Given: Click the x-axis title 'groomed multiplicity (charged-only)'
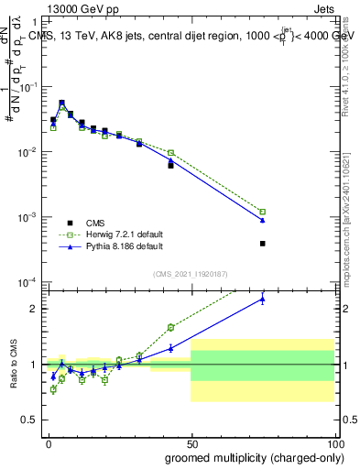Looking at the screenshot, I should pos(250,456).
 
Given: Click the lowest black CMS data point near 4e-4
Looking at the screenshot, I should pos(262,244).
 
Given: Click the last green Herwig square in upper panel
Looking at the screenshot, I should pos(262,212).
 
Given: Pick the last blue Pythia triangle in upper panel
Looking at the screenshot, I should pos(262,220).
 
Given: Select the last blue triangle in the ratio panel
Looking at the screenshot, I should pos(262,299).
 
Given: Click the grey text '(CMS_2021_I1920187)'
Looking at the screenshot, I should pos(190,273).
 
